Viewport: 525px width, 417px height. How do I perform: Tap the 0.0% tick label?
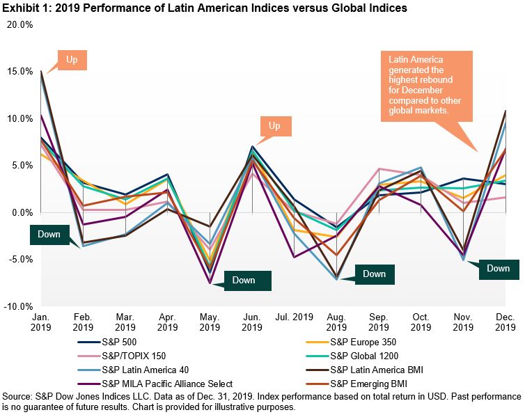pos(20,212)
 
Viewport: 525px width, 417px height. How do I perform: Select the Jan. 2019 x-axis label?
pos(40,322)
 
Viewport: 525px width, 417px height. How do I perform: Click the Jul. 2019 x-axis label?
pos(295,317)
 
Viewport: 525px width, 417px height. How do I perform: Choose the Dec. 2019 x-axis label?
pos(505,322)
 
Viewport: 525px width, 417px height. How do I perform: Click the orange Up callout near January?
pos(72,59)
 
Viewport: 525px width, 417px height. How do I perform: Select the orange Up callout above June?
pos(274,126)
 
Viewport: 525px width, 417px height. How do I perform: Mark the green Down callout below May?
pos(244,280)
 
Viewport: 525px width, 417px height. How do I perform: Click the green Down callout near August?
pos(374,274)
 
